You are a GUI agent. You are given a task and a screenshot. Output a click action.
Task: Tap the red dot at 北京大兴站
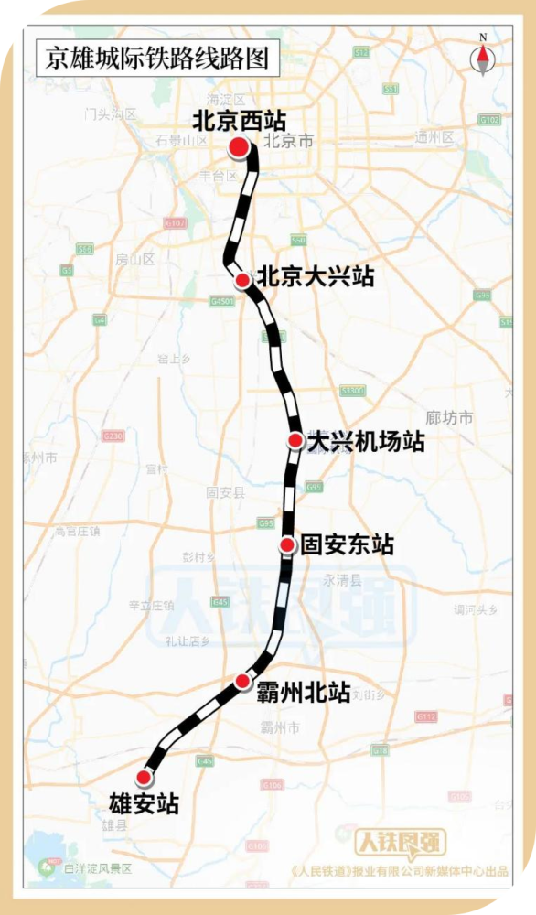pos(242,280)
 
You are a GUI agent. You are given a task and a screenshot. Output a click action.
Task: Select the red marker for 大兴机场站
pos(295,441)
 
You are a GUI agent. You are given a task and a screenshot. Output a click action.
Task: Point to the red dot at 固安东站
pos(287,545)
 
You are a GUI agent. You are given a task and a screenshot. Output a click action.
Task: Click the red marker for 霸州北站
pos(242,681)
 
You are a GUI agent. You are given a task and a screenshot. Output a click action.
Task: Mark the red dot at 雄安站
pos(143,778)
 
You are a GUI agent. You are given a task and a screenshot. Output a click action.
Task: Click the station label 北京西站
pos(240,121)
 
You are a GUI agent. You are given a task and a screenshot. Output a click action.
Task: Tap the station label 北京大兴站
pos(316,277)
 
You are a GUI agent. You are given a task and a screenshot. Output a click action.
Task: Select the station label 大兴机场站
pos(366,441)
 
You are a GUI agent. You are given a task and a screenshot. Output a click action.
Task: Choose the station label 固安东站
pos(348,545)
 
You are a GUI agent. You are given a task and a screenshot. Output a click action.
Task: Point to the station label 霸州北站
pos(306,693)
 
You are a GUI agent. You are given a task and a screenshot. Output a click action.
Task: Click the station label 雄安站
pos(145,805)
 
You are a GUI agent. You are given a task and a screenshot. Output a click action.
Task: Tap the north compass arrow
pos(482,57)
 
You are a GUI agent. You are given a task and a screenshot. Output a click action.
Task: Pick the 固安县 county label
pos(226,492)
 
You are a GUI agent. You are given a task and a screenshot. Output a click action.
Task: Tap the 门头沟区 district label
pos(110,114)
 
